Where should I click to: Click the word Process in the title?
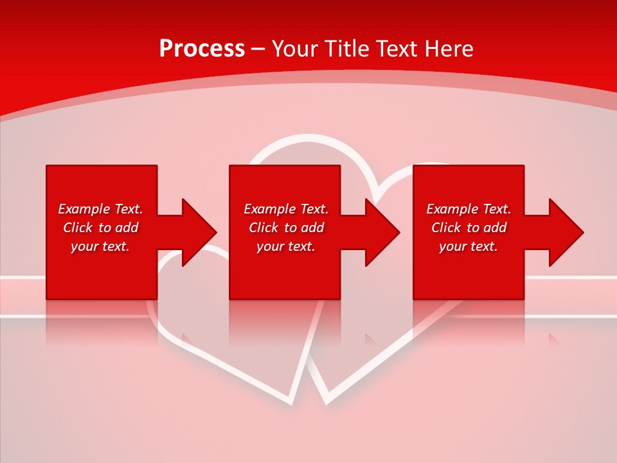[x=202, y=49]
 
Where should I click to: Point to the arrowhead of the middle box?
[x=382, y=232]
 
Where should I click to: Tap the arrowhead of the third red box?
[x=566, y=232]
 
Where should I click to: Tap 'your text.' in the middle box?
[x=286, y=246]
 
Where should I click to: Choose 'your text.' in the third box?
[x=469, y=246]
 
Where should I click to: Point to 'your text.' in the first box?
[x=100, y=246]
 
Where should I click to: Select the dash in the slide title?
[x=258, y=50]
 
